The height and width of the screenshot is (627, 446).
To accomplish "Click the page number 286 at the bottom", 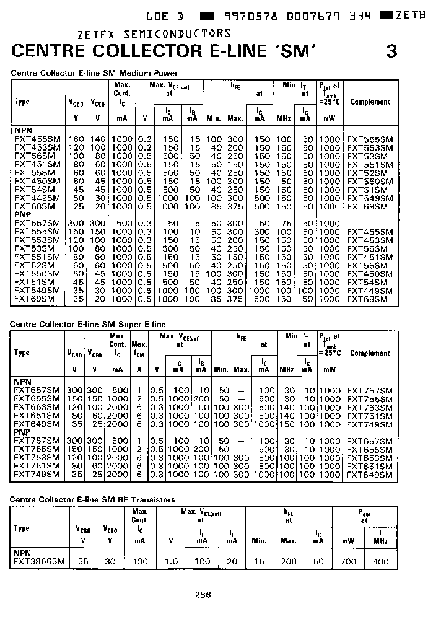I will (x=203, y=594).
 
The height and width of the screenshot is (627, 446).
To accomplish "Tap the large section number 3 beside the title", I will (x=391, y=51).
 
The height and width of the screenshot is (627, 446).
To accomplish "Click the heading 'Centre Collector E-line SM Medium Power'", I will (x=94, y=72).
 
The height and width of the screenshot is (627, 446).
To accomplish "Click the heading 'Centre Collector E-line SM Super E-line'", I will (x=88, y=324).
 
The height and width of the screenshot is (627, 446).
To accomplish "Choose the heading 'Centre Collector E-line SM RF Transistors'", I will (x=93, y=499).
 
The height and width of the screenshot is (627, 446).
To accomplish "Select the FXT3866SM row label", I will (x=38, y=561).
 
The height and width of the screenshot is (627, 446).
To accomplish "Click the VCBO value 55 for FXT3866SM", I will (x=83, y=561).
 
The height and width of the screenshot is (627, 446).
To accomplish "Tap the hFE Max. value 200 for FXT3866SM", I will (x=289, y=561).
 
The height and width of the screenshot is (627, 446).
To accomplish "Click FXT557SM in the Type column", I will (x=37, y=223).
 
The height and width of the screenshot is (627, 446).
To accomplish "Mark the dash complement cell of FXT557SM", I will (x=370, y=223).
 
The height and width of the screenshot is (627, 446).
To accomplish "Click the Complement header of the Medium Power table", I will (x=370, y=102).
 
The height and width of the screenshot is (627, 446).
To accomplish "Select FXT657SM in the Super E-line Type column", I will (x=37, y=391).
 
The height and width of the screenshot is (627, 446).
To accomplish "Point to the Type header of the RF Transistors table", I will (x=22, y=528).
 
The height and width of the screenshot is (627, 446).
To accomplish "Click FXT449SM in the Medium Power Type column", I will (x=37, y=198).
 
